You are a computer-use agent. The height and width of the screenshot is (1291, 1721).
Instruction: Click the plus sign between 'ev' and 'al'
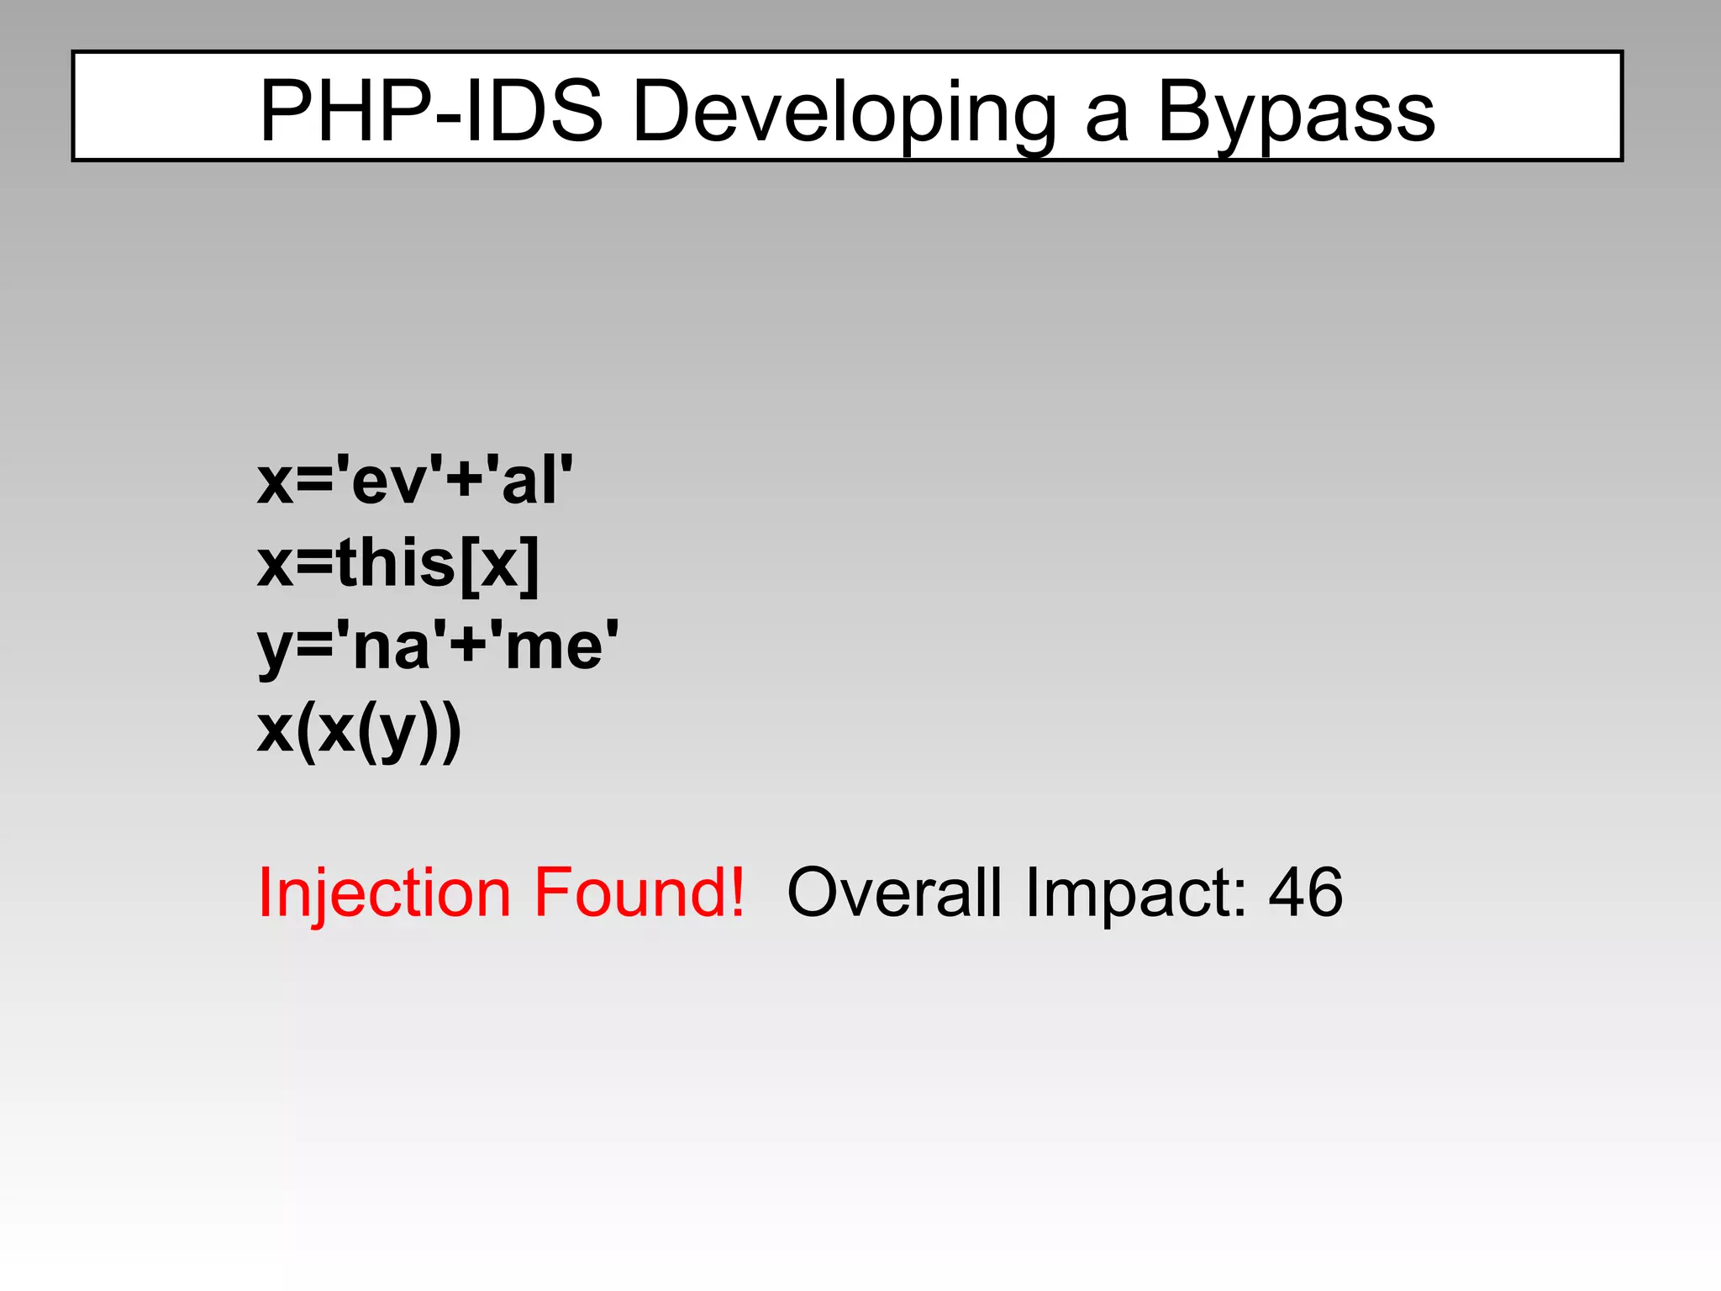tap(465, 483)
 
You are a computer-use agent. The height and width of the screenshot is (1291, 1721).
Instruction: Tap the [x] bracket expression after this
tap(499, 564)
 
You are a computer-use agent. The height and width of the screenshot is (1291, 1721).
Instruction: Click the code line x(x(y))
tap(359, 731)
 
